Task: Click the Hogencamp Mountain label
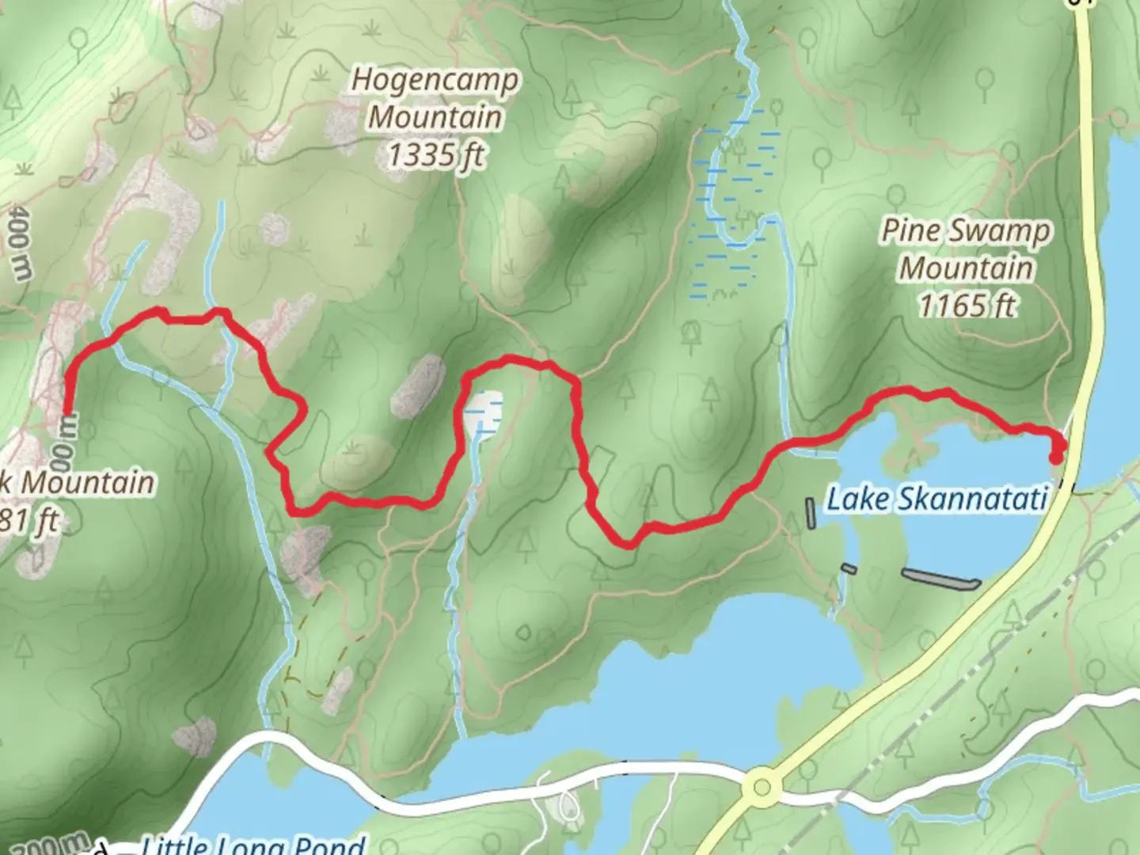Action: coord(435,99)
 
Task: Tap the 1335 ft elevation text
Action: coord(435,154)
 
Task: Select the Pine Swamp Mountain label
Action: coord(966,249)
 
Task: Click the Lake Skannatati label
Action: coord(937,500)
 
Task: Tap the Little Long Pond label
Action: coord(253,844)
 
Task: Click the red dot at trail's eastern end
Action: coord(1056,457)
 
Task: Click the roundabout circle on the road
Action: coord(762,787)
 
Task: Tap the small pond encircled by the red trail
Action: coord(483,412)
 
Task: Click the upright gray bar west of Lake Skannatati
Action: coord(811,512)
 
